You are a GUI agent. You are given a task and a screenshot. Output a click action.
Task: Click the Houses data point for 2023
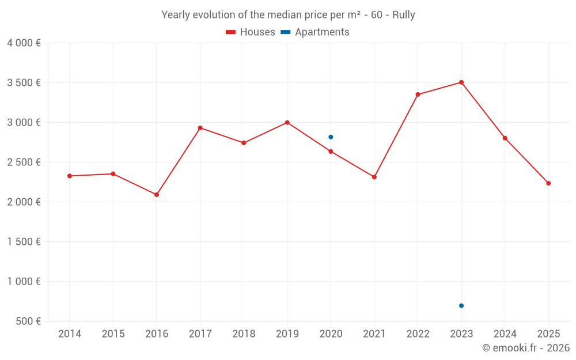tap(461, 82)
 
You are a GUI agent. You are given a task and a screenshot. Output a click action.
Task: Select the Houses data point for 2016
tap(157, 195)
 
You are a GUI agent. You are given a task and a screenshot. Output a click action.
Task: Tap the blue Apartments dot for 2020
tap(331, 137)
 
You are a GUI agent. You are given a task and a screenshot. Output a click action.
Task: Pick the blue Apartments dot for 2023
tap(461, 306)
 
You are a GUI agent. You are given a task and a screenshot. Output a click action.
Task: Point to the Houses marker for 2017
tap(200, 128)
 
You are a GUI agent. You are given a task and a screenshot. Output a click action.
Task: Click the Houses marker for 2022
tap(418, 94)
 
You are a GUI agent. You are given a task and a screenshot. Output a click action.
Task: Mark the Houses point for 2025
tap(548, 183)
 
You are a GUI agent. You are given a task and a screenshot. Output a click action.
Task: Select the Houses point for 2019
tap(287, 123)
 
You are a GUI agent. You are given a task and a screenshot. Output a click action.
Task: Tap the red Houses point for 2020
tap(331, 151)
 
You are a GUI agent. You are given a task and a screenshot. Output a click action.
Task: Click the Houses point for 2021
tap(374, 177)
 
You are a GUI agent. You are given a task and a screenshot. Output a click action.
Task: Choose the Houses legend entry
tap(251, 32)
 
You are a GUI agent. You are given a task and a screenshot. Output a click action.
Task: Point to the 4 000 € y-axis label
tap(24, 43)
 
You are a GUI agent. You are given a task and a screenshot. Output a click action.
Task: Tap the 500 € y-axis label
tap(28, 321)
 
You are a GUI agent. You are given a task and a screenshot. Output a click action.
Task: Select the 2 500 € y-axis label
tap(24, 162)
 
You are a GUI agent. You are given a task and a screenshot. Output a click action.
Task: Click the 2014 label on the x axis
tap(70, 334)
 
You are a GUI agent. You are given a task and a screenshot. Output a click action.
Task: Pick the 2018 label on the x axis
tap(244, 334)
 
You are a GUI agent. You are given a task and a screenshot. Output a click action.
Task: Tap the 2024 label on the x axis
tap(505, 334)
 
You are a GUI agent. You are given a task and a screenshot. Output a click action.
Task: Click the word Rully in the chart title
tap(404, 15)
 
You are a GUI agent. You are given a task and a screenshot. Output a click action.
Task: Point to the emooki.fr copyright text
tap(526, 348)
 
